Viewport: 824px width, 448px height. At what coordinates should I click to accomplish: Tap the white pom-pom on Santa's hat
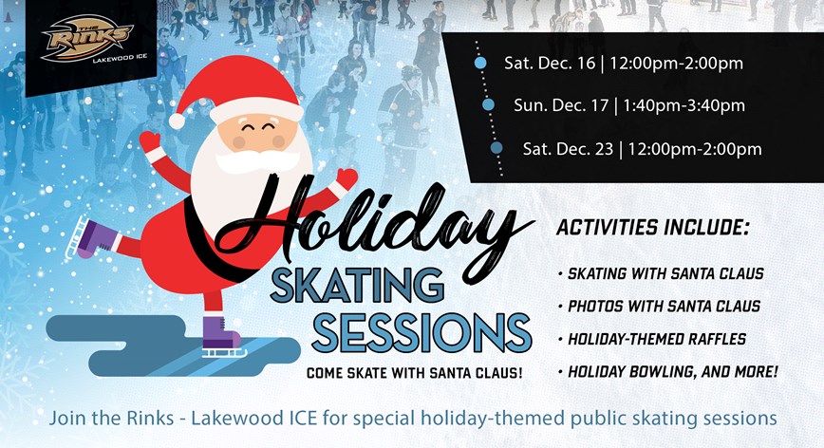click(178, 121)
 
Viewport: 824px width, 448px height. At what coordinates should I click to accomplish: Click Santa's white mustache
click(257, 161)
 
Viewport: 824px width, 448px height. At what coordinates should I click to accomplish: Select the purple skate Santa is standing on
click(221, 337)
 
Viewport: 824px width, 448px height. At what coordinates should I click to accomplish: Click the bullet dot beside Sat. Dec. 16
click(480, 63)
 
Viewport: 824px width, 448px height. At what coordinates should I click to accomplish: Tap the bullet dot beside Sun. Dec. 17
click(488, 105)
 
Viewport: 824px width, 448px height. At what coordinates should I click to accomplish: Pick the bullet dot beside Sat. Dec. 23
click(496, 148)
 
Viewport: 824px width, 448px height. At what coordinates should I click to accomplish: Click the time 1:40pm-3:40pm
click(684, 105)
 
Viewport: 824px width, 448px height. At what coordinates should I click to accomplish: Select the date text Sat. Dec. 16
click(550, 63)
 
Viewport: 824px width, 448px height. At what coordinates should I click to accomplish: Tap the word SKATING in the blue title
click(357, 287)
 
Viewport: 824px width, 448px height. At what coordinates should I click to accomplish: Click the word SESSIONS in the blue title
click(422, 332)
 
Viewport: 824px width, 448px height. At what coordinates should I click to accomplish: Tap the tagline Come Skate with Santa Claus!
click(415, 373)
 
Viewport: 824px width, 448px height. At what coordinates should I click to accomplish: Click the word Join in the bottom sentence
click(68, 419)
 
